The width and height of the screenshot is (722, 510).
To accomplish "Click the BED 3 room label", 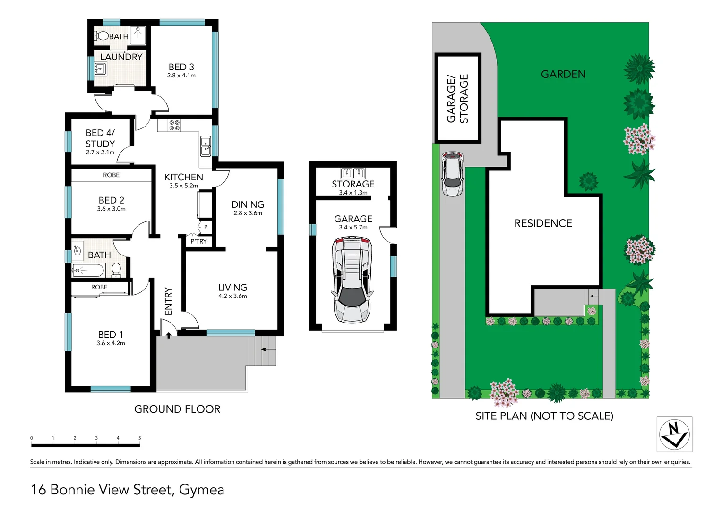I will coord(181,67).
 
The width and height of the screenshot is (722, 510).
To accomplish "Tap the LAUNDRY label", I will coord(121,57).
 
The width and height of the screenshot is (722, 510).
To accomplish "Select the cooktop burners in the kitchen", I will coord(174,125).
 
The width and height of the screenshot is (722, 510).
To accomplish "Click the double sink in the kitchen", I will coord(206,146).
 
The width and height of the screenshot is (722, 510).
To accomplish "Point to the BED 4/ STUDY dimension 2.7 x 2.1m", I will coord(100,153).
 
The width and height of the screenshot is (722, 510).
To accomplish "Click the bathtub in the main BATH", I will coord(88,271).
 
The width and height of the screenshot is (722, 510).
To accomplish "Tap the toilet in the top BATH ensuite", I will coord(102,36).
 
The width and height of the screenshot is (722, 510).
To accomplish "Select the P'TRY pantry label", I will coord(198,241).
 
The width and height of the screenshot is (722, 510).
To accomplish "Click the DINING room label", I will coord(248,204).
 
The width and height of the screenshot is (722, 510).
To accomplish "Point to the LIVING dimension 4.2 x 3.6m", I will coord(232,296).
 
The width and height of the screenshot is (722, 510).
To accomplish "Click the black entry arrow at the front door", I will coord(169,335).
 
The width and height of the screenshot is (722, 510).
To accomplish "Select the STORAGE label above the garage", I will coord(353,184).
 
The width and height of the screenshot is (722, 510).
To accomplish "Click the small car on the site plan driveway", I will coord(453,174).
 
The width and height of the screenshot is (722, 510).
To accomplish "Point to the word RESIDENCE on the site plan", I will coord(543,223).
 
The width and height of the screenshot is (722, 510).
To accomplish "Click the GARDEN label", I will coord(563,74).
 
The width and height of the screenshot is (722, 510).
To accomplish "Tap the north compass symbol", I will coord(674,434).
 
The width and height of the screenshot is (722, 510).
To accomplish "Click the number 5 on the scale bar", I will coord(139,438).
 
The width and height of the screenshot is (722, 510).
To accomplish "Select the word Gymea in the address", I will coord(202,490).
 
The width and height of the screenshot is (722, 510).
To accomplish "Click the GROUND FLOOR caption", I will coord(177,409).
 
